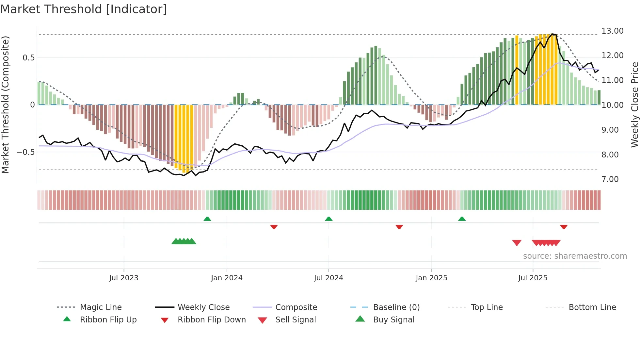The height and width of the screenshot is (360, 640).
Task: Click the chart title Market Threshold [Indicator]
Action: point(84,9)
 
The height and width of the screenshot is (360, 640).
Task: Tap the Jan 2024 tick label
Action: point(227,278)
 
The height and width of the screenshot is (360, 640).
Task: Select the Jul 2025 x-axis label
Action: point(533,278)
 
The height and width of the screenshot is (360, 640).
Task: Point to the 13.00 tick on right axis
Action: point(612,31)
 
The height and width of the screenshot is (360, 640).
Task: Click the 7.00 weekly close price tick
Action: point(610,179)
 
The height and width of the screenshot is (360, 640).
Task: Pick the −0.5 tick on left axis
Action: point(25,152)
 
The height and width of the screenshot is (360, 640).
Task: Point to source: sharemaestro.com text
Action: point(575,256)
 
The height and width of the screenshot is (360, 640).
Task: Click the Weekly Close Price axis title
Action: point(634,105)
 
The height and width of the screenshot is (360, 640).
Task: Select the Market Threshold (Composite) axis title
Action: point(5,105)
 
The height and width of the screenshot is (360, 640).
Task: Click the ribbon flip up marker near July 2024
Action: point(329,219)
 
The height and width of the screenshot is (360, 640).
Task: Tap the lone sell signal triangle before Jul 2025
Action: point(517,243)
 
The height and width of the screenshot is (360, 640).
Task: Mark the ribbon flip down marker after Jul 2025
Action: point(564,227)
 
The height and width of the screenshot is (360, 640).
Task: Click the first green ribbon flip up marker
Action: point(207,219)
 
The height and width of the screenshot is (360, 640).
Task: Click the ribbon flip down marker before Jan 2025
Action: point(399,227)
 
